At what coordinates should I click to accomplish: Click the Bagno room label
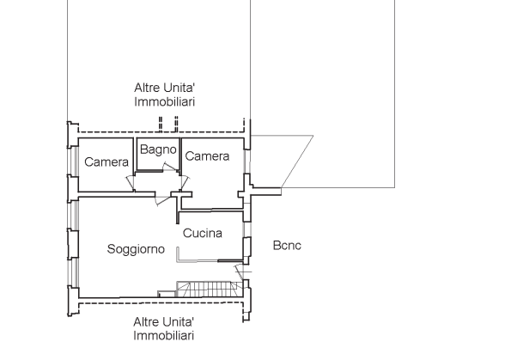pyautogui.click(x=158, y=149)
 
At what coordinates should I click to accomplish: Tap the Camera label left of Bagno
pyautogui.click(x=106, y=162)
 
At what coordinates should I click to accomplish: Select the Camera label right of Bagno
pyautogui.click(x=207, y=156)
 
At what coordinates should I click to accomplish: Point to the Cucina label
pyautogui.click(x=203, y=233)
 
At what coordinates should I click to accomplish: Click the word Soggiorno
pyautogui.click(x=136, y=249)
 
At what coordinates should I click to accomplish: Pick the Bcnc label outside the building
pyautogui.click(x=287, y=245)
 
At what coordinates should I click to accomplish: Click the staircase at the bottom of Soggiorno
pyautogui.click(x=210, y=289)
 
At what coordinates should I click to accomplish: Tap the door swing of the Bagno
pyautogui.click(x=170, y=167)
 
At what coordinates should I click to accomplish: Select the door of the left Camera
pyautogui.click(x=131, y=183)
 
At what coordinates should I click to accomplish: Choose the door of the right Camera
pyautogui.click(x=186, y=182)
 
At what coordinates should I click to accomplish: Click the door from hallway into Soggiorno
pyautogui.click(x=162, y=200)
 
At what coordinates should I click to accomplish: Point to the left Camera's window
pyautogui.click(x=75, y=162)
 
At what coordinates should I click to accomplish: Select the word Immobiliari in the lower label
pyautogui.click(x=163, y=336)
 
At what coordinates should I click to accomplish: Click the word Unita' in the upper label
pyautogui.click(x=179, y=88)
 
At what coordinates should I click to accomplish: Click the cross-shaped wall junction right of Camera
pyautogui.click(x=247, y=192)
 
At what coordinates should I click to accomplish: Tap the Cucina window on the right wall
pyautogui.click(x=246, y=229)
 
